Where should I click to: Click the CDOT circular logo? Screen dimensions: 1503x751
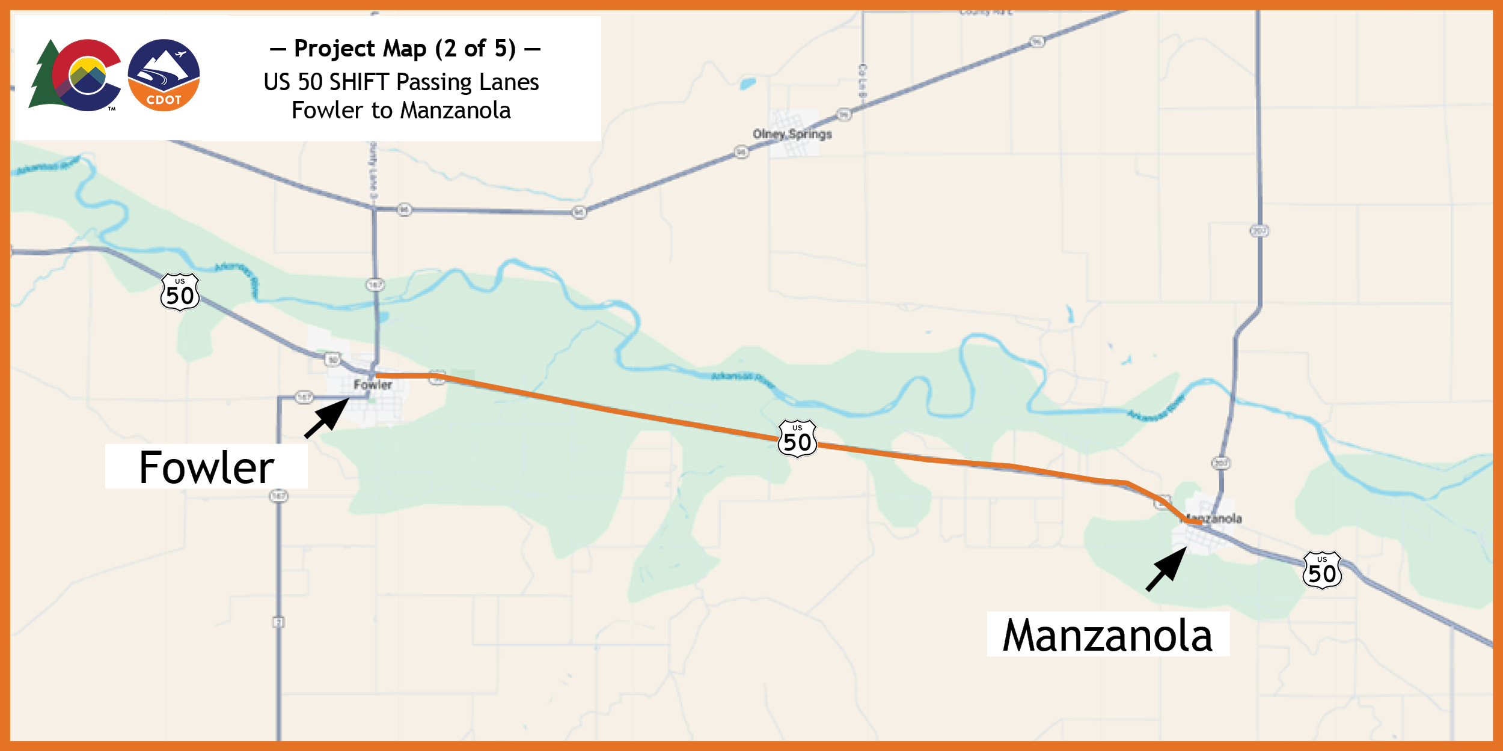(164, 75)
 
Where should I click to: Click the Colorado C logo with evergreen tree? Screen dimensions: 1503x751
(75, 75)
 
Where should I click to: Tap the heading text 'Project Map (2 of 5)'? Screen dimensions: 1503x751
(405, 49)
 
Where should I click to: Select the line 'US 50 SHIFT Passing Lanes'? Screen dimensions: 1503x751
(401, 82)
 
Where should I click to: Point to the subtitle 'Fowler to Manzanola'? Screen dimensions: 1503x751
(401, 111)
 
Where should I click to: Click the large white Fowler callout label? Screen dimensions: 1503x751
(206, 467)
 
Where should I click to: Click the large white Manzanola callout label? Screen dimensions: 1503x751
(1107, 635)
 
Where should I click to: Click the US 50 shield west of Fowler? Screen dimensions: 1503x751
(180, 293)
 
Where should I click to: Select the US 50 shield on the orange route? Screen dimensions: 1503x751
(797, 439)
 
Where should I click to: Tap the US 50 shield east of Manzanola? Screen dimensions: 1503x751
(1322, 571)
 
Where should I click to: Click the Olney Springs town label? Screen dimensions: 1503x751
(792, 134)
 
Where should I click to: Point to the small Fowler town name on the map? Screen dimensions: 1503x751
(373, 385)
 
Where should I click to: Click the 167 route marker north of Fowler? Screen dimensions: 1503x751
(375, 285)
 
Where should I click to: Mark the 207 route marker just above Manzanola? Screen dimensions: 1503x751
(1220, 463)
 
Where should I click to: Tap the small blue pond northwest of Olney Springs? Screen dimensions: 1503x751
(748, 84)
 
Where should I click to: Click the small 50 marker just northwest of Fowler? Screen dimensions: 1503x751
(332, 360)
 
